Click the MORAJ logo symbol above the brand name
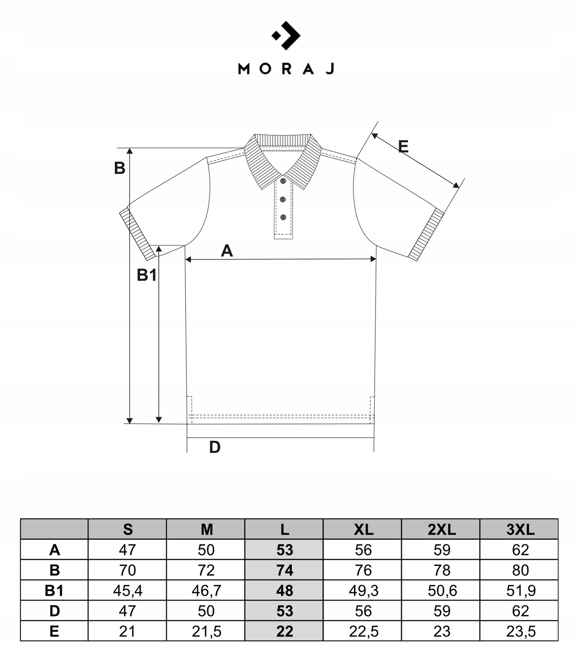[286, 35]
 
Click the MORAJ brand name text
[286, 68]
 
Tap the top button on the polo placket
[283, 181]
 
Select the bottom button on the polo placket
[283, 217]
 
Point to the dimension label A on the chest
[227, 250]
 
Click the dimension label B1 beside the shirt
[147, 275]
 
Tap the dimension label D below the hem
[215, 447]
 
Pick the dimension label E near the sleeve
[403, 146]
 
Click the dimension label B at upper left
[119, 168]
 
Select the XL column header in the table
[363, 529]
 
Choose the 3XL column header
[520, 529]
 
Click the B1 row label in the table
[54, 590]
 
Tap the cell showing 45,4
[128, 590]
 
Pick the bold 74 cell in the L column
[284, 570]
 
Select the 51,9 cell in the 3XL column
[520, 590]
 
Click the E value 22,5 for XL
[364, 631]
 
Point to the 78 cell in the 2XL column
[442, 570]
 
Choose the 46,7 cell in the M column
[206, 590]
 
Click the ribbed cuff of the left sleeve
[137, 234]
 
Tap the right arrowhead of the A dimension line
[373, 259]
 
